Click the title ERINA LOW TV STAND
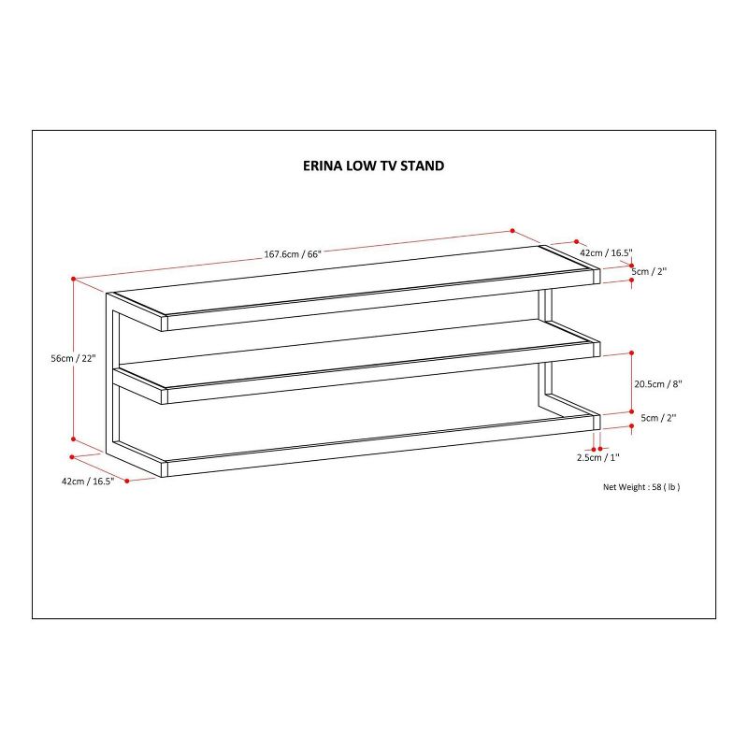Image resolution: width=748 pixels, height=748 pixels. pos(373,165)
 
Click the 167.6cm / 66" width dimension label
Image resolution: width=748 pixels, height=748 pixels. pos(293,253)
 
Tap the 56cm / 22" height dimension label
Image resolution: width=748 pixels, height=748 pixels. pos(74,358)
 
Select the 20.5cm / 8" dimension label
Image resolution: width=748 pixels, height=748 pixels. pos(658,384)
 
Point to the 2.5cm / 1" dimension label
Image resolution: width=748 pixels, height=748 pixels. pos(597,457)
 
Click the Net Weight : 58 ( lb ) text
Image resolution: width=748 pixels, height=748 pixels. pos(641,487)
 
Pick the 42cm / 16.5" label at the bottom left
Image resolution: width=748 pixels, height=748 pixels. pos(88,482)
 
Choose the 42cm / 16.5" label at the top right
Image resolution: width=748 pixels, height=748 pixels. pos(606,252)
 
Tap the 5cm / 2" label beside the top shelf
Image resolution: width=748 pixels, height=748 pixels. pos(649,272)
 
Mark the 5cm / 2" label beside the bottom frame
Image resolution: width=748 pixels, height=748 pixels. pos(658,418)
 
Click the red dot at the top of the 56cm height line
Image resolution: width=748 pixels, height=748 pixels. pos(74,279)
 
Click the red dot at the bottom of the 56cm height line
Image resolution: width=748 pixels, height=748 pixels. pos(74,439)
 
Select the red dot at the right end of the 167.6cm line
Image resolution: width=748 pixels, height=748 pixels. pos(512,230)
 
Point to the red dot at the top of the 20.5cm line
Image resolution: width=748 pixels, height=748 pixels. pos(632,352)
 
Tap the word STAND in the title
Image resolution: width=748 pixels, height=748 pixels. pos(423,165)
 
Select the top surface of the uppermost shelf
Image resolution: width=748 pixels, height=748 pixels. pos(354,281)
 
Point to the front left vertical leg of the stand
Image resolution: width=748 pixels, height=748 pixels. pos(109,372)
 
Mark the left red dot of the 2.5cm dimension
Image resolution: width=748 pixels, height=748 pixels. pos(594,449)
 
